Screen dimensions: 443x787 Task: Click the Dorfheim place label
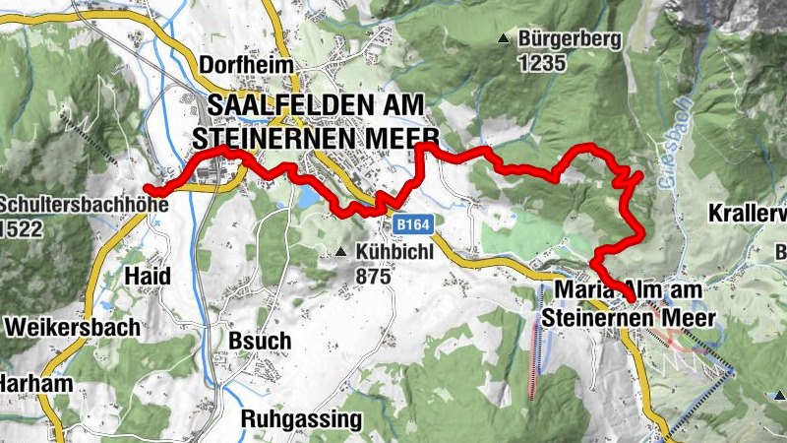pyautogui.click(x=247, y=64)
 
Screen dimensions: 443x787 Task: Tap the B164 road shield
pyautogui.click(x=415, y=225)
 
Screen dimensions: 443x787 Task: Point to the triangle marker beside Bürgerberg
pyautogui.click(x=504, y=40)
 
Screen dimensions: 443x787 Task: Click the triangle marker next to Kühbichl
pyautogui.click(x=340, y=253)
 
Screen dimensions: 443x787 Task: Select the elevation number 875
pyautogui.click(x=375, y=277)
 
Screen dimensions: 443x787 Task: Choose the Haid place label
pyautogui.click(x=148, y=276)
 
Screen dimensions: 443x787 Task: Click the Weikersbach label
pyautogui.click(x=73, y=326)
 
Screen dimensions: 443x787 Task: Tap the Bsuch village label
pyautogui.click(x=259, y=341)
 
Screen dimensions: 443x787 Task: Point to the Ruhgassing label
pyautogui.click(x=302, y=418)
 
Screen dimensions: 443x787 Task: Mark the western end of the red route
pyautogui.click(x=148, y=186)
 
